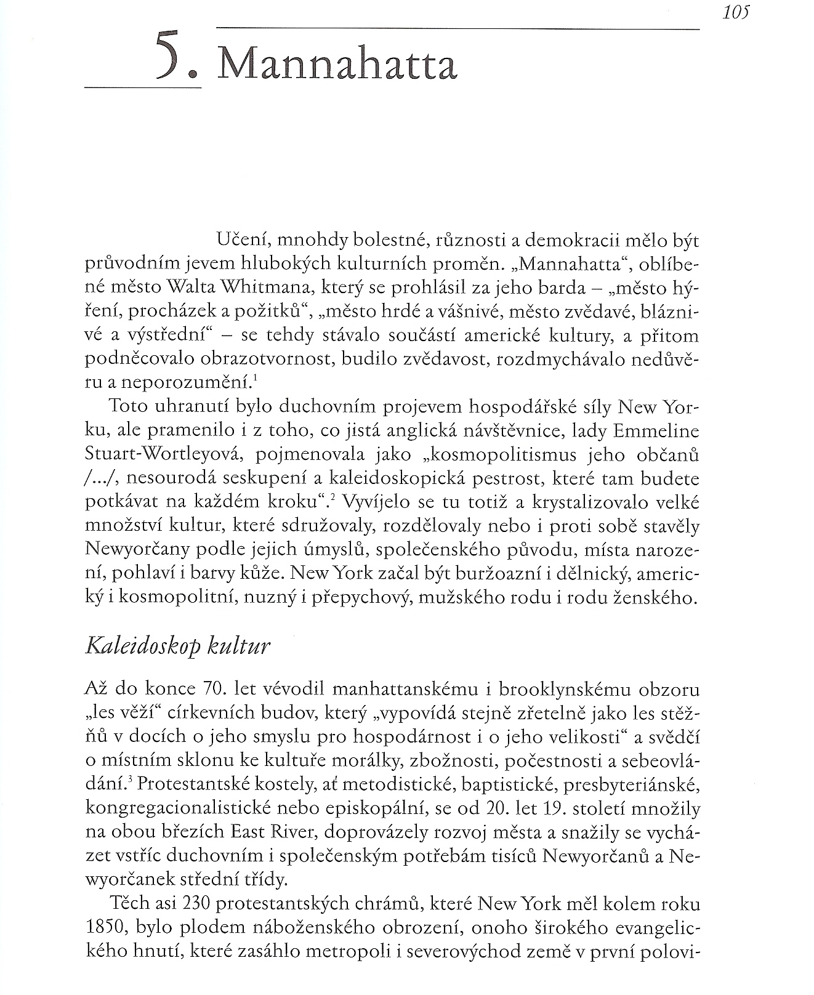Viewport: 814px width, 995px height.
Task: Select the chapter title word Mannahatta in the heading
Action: (338, 64)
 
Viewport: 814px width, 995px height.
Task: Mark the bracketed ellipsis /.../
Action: (97, 479)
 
